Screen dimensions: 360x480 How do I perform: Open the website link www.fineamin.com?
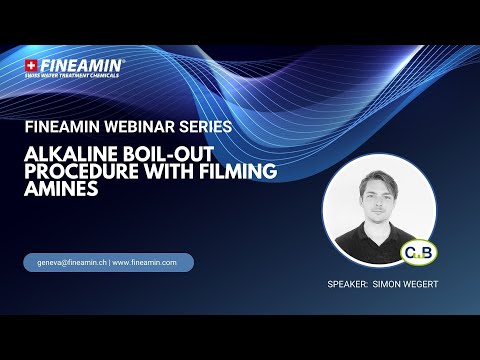pyautogui.click(x=145, y=263)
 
